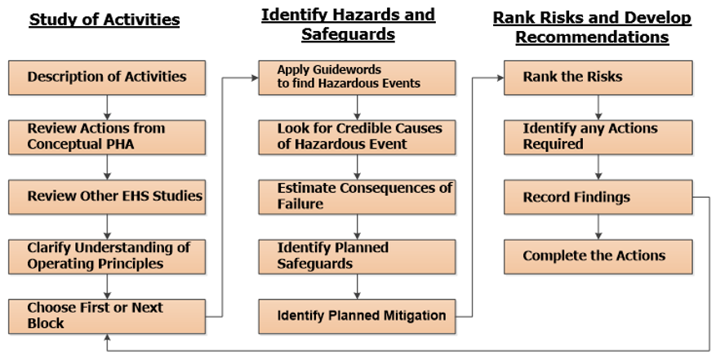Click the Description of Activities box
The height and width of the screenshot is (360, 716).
[x=107, y=78]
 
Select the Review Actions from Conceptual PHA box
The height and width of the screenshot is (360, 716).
[x=107, y=137]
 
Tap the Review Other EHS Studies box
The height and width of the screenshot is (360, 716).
[x=107, y=197]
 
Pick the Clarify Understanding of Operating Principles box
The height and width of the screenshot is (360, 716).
[x=107, y=257]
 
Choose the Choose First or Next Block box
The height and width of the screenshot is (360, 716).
[x=107, y=317]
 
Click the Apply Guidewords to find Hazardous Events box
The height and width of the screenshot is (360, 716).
[x=357, y=78]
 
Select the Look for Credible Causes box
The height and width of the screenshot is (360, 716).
[x=357, y=137]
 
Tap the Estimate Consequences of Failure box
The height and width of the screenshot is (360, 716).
[x=357, y=197]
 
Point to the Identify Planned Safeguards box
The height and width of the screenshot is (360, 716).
[x=357, y=257]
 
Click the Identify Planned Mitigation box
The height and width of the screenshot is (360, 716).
[x=357, y=317]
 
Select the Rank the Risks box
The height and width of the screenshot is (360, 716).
[x=598, y=78]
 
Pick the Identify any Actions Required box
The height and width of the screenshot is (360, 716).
[x=598, y=137]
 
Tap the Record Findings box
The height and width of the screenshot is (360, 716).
[x=598, y=197]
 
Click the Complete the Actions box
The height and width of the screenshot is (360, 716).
[x=598, y=257]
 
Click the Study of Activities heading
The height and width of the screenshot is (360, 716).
[x=105, y=20]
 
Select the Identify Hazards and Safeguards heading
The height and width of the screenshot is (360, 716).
[x=348, y=24]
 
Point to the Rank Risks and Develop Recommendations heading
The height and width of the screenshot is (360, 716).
[x=592, y=27]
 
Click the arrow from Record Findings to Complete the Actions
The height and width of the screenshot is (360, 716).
[x=598, y=227]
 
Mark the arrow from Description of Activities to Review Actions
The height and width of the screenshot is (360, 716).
[x=107, y=108]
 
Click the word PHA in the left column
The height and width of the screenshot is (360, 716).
[x=121, y=144]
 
